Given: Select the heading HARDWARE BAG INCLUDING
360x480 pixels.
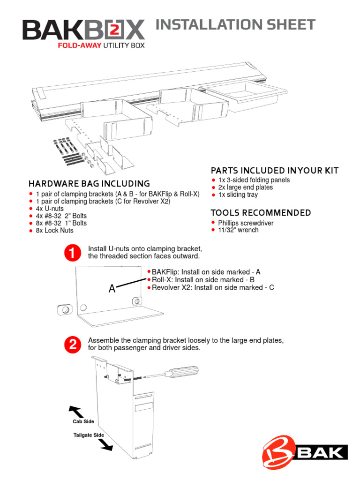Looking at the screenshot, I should (x=89, y=184).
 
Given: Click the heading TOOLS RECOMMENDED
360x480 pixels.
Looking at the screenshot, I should (x=261, y=213).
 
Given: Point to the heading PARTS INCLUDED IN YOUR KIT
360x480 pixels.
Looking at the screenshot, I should (x=274, y=170).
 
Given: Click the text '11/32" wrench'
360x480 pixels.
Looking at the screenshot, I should (x=238, y=230).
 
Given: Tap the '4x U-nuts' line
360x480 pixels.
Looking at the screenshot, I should (x=50, y=209).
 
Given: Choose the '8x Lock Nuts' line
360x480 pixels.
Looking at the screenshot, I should (x=54, y=231).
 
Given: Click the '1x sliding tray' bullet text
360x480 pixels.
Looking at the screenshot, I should (x=238, y=195).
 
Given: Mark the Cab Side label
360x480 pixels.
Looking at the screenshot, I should (x=83, y=421).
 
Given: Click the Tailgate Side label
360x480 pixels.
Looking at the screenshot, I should (x=89, y=435).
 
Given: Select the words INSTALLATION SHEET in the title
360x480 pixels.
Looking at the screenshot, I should (x=235, y=25).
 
